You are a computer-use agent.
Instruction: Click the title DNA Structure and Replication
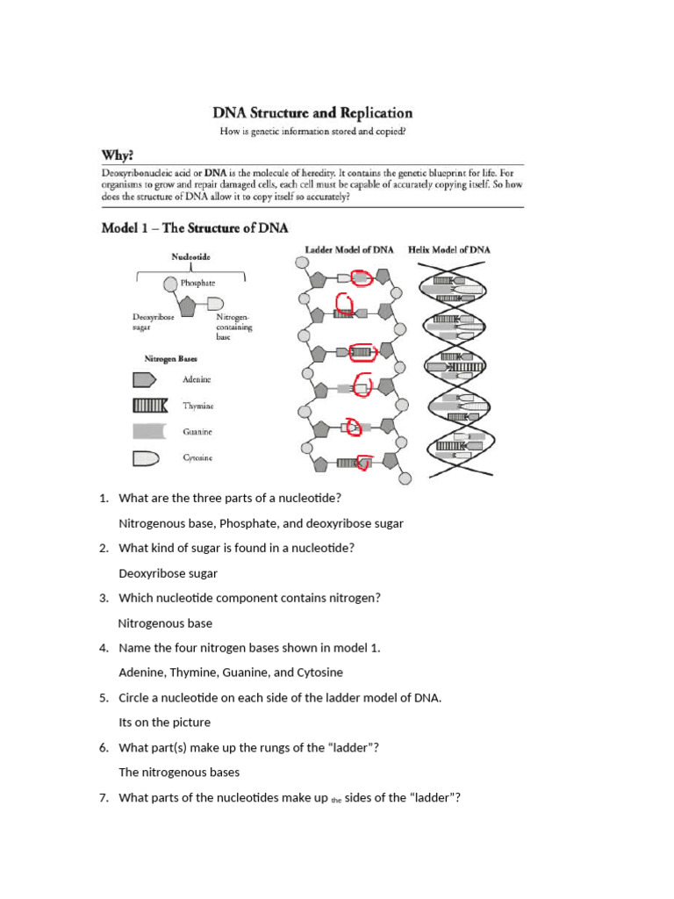(312, 113)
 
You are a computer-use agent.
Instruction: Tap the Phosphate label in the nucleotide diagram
(197, 284)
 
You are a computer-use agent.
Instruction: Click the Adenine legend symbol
(145, 379)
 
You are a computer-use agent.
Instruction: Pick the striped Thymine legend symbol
(149, 406)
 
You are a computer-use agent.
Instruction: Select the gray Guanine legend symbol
(147, 431)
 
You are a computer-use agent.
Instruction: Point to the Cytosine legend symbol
(146, 457)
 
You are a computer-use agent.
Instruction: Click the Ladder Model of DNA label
(349, 250)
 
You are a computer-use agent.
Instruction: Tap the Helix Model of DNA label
(449, 250)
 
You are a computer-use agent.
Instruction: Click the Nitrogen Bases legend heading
(170, 359)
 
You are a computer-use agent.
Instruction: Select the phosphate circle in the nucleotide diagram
(170, 284)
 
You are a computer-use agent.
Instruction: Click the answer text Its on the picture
(165, 723)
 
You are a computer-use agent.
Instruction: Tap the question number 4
(104, 648)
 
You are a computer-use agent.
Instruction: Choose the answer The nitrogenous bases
(179, 773)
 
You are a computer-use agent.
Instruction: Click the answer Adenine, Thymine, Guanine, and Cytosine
(231, 672)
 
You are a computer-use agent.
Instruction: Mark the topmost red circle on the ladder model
(362, 277)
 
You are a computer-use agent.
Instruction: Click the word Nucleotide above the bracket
(190, 257)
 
